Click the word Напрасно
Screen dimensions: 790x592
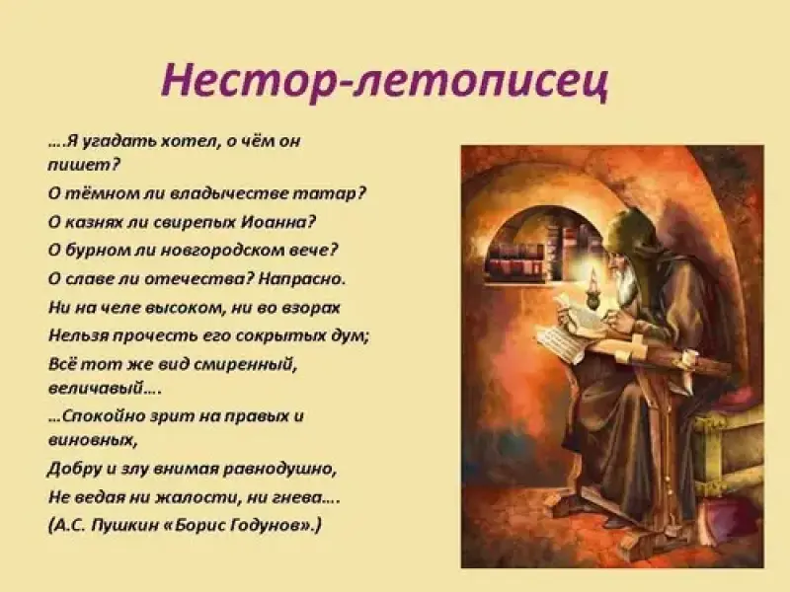coord(300,279)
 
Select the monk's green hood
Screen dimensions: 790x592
coord(628,227)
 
